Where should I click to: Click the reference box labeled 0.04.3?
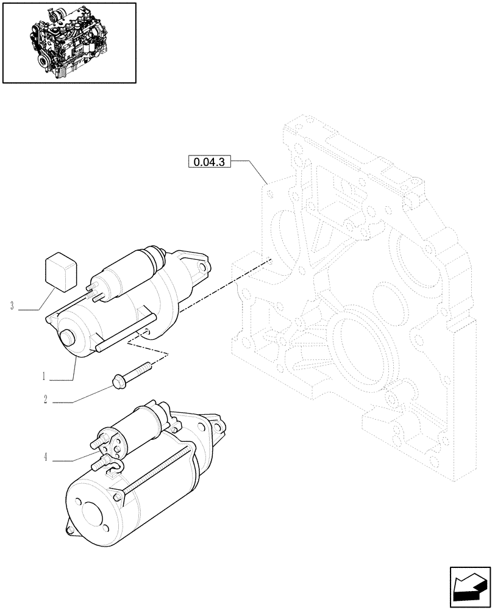pos(210,162)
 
